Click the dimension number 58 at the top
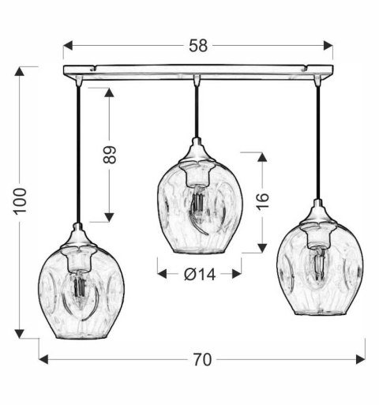pyautogui.click(x=198, y=46)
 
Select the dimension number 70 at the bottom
pyautogui.click(x=202, y=359)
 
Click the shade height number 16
pyautogui.click(x=263, y=202)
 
